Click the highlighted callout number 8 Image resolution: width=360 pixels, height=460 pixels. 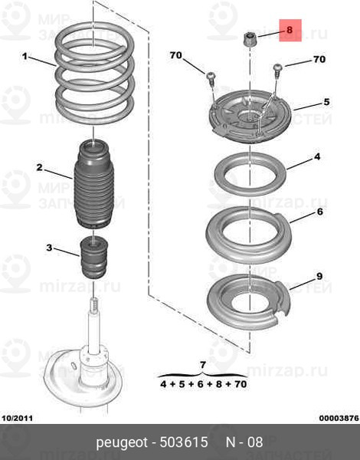(290, 30)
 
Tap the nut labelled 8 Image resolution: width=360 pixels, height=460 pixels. (250, 40)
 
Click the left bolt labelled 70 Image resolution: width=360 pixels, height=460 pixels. (211, 77)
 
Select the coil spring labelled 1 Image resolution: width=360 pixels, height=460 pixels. (94, 73)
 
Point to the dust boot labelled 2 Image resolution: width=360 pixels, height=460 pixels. (93, 184)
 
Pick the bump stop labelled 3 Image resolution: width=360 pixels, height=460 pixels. (94, 258)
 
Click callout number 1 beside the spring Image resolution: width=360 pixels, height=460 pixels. (25, 56)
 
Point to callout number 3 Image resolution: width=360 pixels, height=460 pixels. (49, 248)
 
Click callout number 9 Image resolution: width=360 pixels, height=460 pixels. (319, 276)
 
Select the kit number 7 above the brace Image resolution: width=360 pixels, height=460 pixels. (202, 366)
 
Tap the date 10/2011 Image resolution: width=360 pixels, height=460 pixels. (18, 418)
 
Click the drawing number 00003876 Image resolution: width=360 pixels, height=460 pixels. (339, 418)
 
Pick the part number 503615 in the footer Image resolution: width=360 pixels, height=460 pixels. (184, 442)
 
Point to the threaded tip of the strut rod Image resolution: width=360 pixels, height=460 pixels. (94, 305)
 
